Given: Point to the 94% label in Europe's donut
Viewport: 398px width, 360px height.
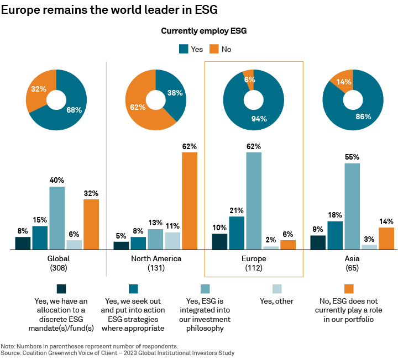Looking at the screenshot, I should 259,118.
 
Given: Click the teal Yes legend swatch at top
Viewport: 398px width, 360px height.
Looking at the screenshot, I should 184,49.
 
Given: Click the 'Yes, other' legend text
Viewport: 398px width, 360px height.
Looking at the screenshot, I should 276,301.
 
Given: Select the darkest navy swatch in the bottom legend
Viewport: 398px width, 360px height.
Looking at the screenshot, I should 61,288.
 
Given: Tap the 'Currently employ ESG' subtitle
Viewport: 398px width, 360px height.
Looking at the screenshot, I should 203,31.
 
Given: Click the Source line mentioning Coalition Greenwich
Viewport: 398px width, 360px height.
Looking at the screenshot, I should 118,353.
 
